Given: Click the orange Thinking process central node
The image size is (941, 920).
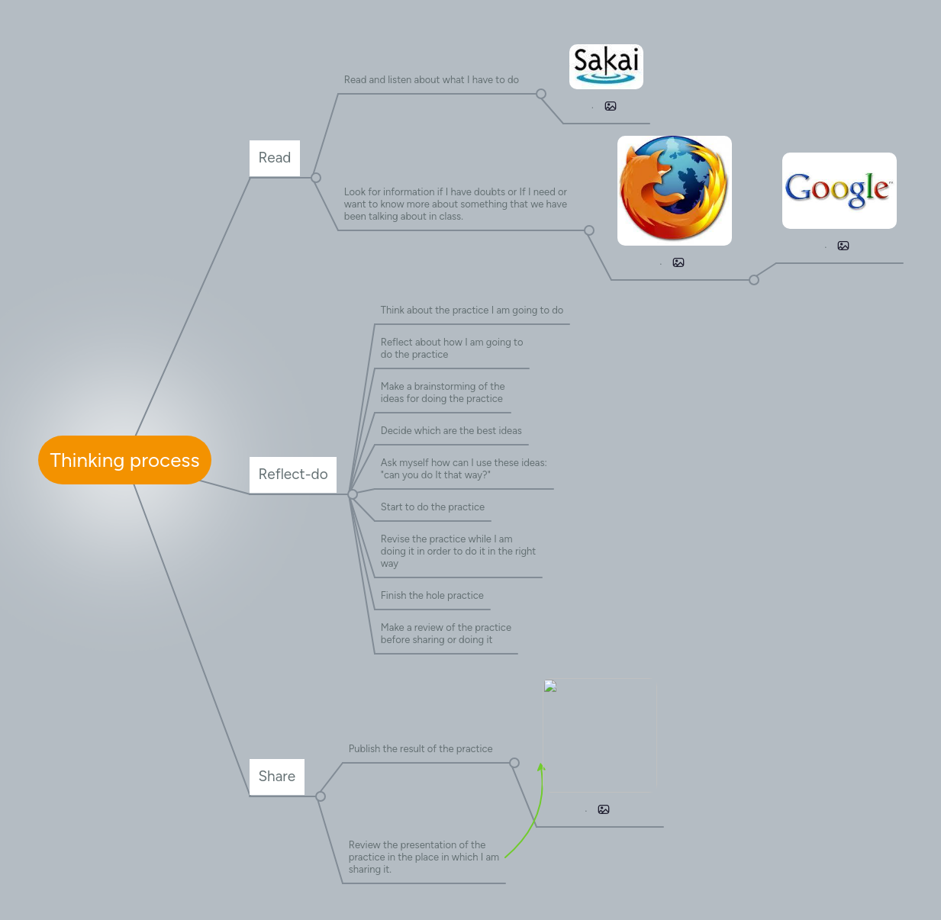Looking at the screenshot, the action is pos(124,460).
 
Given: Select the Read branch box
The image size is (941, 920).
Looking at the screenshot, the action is pos(275,158).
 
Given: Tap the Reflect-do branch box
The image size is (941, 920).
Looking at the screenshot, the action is pos(293,474).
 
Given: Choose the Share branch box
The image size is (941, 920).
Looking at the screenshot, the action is pos(277,777).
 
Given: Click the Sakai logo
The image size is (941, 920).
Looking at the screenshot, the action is pos(606,66).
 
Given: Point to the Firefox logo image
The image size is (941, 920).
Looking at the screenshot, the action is pos(675,190).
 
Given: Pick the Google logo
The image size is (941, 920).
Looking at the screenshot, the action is pos(839,191).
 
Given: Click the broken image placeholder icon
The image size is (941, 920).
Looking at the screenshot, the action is pos(550,687).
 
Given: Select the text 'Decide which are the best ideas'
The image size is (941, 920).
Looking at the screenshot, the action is pos(451,431).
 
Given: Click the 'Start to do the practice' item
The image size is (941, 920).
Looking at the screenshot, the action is pos(433,507).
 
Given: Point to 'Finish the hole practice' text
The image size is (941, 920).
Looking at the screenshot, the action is pos(432,596).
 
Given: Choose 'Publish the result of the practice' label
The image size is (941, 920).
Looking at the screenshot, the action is pos(421,749).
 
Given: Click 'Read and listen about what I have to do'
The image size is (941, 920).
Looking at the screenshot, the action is pos(431,80).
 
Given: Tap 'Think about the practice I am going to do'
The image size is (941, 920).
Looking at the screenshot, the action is pos(472,310).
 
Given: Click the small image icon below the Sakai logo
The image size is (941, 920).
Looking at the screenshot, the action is pos(611,107).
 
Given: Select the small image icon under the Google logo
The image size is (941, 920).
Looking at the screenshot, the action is pos(843,246).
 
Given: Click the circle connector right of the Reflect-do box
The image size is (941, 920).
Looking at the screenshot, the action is pos(353,494).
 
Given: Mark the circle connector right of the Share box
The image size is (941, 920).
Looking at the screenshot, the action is pos(321,796).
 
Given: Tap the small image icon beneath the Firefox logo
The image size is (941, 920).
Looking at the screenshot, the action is pos(678,262).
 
